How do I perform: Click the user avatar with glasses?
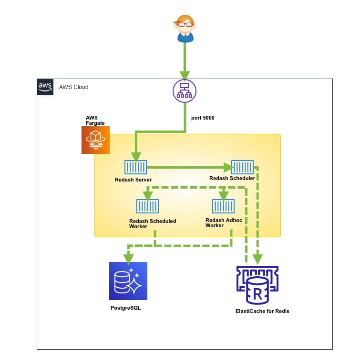click(185, 28)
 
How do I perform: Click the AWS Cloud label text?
click(73, 87)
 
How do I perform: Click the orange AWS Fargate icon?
click(95, 140)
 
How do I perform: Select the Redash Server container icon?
click(135, 167)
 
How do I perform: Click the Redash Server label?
click(134, 180)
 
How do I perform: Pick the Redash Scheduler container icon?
click(243, 167)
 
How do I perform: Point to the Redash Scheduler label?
click(232, 179)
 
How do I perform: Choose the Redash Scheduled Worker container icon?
click(147, 206)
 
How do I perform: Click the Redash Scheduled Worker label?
click(153, 224)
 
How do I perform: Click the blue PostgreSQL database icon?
click(128, 281)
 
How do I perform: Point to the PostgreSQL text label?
click(125, 308)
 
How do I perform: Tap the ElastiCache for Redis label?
click(262, 311)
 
